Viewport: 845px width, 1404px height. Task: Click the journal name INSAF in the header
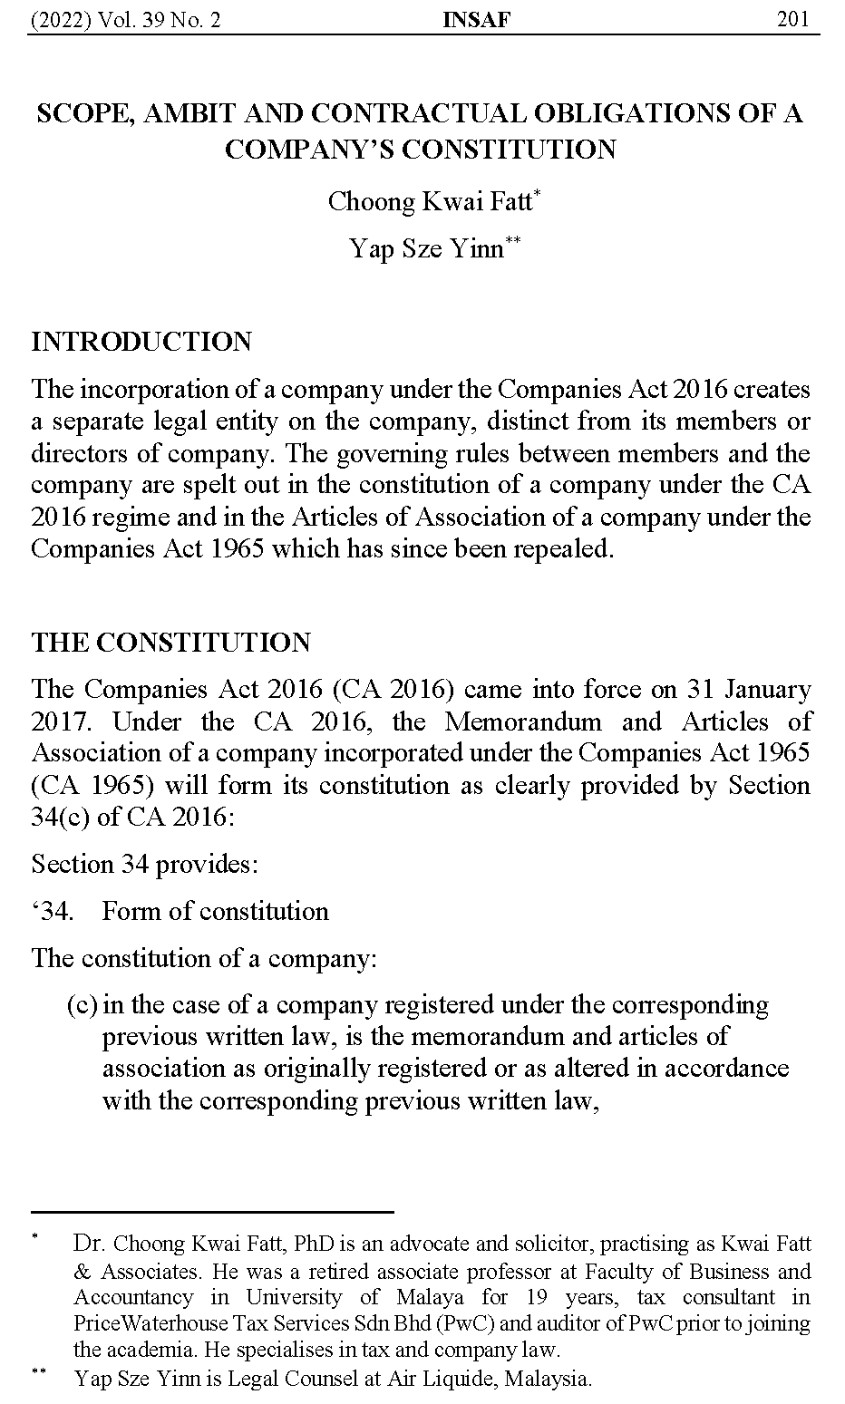(x=476, y=19)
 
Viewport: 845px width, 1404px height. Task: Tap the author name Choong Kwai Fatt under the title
(x=430, y=200)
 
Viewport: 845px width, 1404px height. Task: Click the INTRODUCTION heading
(x=141, y=342)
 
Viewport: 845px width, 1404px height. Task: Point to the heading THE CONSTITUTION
(x=170, y=643)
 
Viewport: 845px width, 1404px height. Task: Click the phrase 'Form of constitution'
(x=215, y=911)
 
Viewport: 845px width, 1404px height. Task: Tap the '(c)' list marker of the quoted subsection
(x=82, y=1005)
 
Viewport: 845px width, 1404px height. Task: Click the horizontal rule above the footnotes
(x=212, y=1211)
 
